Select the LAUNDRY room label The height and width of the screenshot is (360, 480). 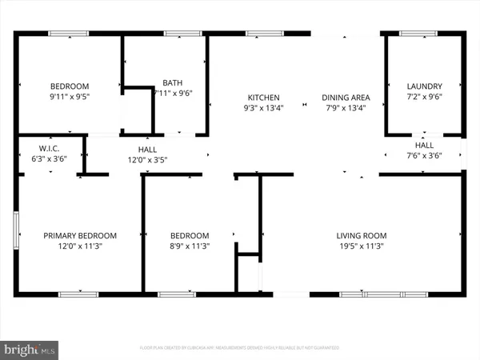(424, 86)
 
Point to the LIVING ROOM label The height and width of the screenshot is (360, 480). (361, 236)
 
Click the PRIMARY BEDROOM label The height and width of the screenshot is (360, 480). (80, 236)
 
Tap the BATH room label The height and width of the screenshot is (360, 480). (172, 82)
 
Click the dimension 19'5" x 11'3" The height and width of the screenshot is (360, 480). (361, 247)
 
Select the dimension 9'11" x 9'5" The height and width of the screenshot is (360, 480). (70, 98)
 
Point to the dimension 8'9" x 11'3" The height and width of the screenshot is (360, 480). (190, 247)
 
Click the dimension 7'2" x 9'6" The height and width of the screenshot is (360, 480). (424, 98)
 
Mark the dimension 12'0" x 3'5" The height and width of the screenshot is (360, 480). (146, 159)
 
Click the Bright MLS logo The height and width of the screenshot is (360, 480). (30, 348)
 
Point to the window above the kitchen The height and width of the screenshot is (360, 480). (258, 33)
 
